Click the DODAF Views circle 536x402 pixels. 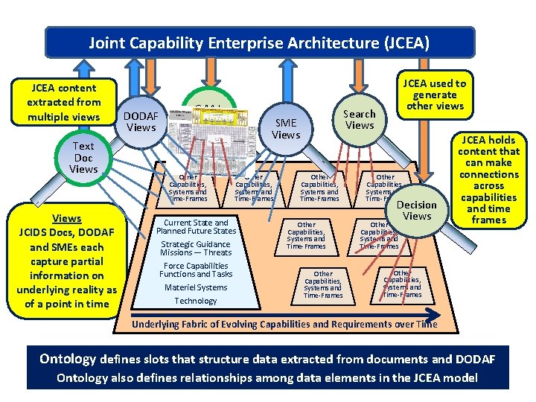140,121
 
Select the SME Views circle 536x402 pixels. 286,128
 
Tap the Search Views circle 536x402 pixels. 360,119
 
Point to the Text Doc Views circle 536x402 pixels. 83,158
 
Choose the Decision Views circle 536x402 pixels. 417,210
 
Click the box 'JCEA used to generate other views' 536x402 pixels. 434,95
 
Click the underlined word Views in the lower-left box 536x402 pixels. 67,218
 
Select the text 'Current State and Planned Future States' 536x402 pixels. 196,226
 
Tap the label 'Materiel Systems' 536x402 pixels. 196,287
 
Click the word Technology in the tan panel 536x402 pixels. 196,301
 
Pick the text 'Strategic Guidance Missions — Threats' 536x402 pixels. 196,248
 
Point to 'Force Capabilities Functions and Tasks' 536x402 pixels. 196,269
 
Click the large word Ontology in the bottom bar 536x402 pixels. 68,360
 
